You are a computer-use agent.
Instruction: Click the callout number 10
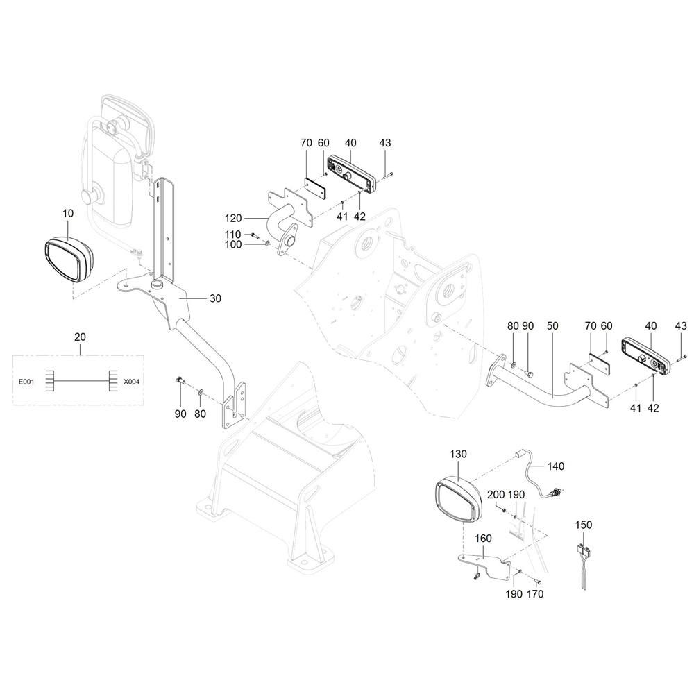click(x=68, y=213)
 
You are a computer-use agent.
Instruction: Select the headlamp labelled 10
click(x=69, y=260)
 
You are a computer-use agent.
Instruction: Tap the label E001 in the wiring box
click(x=26, y=382)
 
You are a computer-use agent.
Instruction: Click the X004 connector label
click(x=131, y=382)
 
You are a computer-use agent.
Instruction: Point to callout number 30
click(x=215, y=298)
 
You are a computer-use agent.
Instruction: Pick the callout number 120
click(x=233, y=218)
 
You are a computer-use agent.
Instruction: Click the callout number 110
click(x=232, y=235)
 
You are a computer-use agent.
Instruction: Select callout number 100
click(x=233, y=245)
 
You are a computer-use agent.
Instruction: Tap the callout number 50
click(x=552, y=326)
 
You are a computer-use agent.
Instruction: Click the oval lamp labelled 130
click(x=458, y=498)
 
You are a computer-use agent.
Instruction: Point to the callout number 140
click(x=556, y=466)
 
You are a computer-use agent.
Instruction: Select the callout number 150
click(x=584, y=525)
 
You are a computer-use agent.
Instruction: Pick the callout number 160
click(x=483, y=539)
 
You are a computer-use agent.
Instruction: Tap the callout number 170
click(x=534, y=594)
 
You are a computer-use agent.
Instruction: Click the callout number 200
click(x=496, y=494)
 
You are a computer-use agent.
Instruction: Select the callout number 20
click(x=80, y=337)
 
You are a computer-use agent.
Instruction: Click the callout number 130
click(x=459, y=454)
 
